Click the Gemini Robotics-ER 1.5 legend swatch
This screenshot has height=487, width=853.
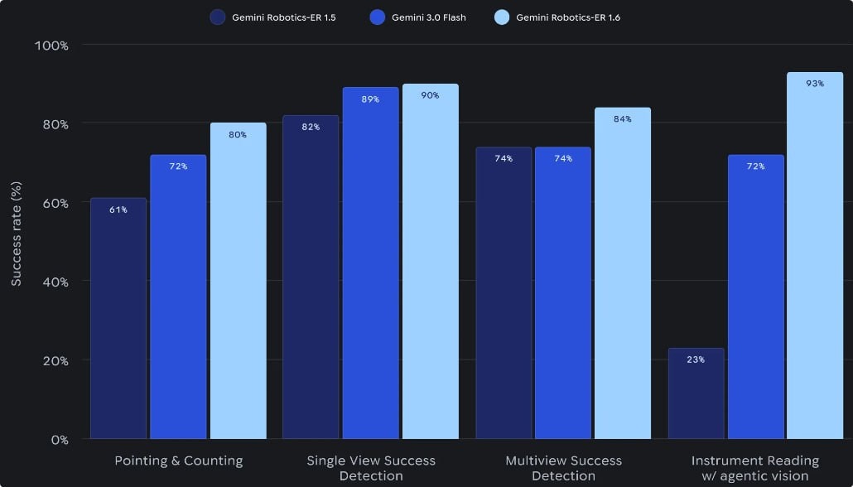coord(218,17)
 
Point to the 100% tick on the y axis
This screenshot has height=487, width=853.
coord(51,45)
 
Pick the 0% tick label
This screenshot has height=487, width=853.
coord(60,440)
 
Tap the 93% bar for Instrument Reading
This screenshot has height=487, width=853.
coord(815,257)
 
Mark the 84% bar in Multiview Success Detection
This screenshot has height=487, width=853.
coord(623,273)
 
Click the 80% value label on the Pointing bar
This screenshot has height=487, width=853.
coord(238,135)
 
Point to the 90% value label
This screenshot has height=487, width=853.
coord(430,95)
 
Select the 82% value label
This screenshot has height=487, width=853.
coord(311,127)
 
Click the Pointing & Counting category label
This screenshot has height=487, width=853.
coord(178,460)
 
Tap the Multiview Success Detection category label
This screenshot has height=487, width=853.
coord(563,468)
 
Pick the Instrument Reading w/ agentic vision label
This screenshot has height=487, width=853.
coord(754,468)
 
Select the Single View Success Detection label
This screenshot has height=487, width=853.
coord(370,468)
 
